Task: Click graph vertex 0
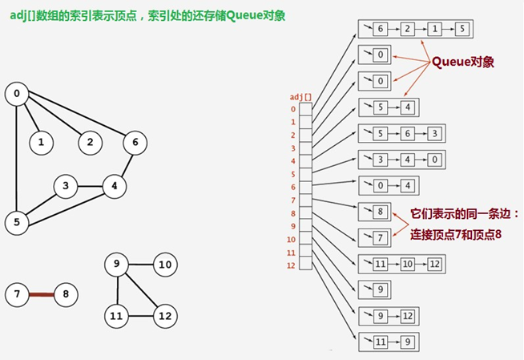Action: [16, 94]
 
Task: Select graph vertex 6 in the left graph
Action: [135, 143]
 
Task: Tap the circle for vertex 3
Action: [66, 187]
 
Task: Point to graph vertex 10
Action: [165, 265]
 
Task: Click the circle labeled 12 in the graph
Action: [165, 315]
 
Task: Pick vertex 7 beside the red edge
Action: [16, 294]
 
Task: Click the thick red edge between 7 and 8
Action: [41, 294]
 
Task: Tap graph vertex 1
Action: [41, 143]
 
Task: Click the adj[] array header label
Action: [300, 96]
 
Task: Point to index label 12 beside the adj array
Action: [292, 265]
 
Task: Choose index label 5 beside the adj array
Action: [292, 174]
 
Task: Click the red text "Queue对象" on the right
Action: [462, 61]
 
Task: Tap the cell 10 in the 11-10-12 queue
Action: [407, 263]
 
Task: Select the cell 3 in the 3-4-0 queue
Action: [381, 159]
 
